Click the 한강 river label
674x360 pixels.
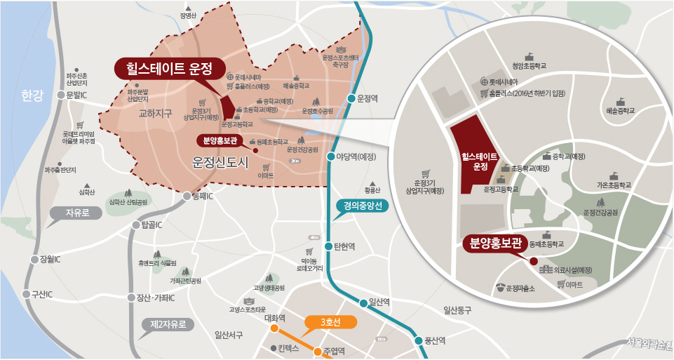[x=32, y=95]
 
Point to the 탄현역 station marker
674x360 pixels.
[x=328, y=246]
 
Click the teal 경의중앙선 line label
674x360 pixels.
[x=363, y=206]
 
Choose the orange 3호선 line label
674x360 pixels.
[x=330, y=322]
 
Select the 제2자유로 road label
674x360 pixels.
[x=168, y=325]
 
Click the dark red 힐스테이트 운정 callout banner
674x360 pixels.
[x=169, y=69]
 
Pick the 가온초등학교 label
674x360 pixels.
[x=614, y=185]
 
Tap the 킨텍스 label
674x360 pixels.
[x=288, y=348]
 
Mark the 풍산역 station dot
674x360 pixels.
[x=419, y=341]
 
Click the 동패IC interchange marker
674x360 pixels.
[x=186, y=197]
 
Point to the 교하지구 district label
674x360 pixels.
[x=155, y=113]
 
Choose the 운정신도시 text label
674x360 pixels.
[x=221, y=163]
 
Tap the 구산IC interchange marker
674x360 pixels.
[x=27, y=294]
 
